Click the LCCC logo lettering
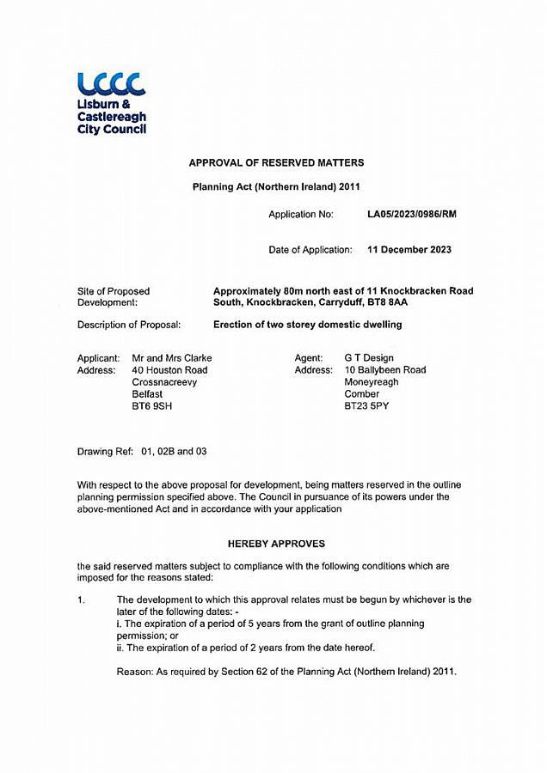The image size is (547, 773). (x=111, y=83)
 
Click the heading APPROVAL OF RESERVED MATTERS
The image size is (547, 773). (x=276, y=162)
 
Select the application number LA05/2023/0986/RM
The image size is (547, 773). (x=412, y=214)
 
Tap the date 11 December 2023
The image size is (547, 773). (x=409, y=250)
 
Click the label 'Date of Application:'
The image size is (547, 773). (x=310, y=250)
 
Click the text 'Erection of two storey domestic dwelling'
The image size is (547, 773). (x=307, y=325)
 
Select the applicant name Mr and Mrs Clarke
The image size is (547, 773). (x=171, y=358)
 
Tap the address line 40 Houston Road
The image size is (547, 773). (x=169, y=370)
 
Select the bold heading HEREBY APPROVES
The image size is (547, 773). (x=276, y=544)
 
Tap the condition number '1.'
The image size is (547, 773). (x=82, y=600)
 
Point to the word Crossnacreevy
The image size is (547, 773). (x=164, y=382)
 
